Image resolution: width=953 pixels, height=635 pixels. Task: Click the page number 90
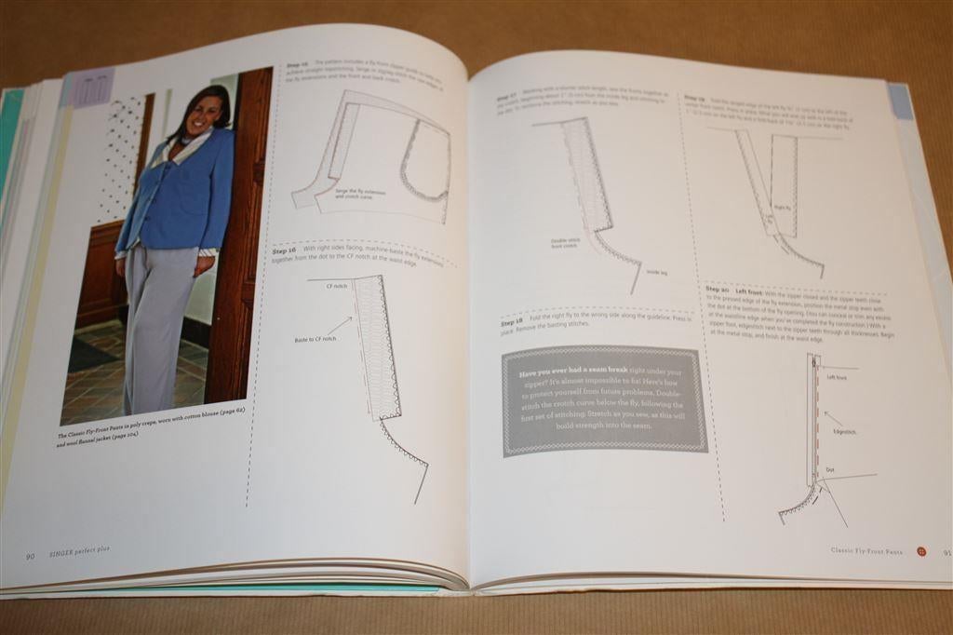30,556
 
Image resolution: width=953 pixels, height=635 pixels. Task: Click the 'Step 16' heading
284,250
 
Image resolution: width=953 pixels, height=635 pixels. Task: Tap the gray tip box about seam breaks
605,401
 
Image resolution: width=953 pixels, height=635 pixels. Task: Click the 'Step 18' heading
513,322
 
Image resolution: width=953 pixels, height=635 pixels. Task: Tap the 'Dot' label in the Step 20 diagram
830,469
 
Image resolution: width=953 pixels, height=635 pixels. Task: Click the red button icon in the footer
920,551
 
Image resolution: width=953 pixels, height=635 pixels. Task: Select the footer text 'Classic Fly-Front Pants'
868,550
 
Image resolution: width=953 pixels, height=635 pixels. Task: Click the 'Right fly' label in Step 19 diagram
781,209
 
